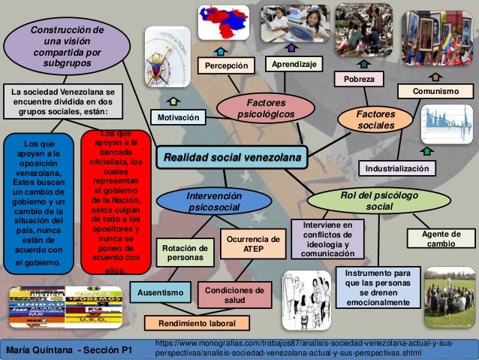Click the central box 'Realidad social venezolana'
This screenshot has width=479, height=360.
(230, 158)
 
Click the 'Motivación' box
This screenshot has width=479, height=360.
(180, 118)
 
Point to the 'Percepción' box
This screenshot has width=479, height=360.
(226, 65)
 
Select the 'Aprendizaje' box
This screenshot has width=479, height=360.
(293, 65)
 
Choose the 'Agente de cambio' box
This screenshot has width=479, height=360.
(441, 240)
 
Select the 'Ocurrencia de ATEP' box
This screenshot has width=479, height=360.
(254, 244)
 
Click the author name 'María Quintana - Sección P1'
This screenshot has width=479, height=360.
(68, 349)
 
